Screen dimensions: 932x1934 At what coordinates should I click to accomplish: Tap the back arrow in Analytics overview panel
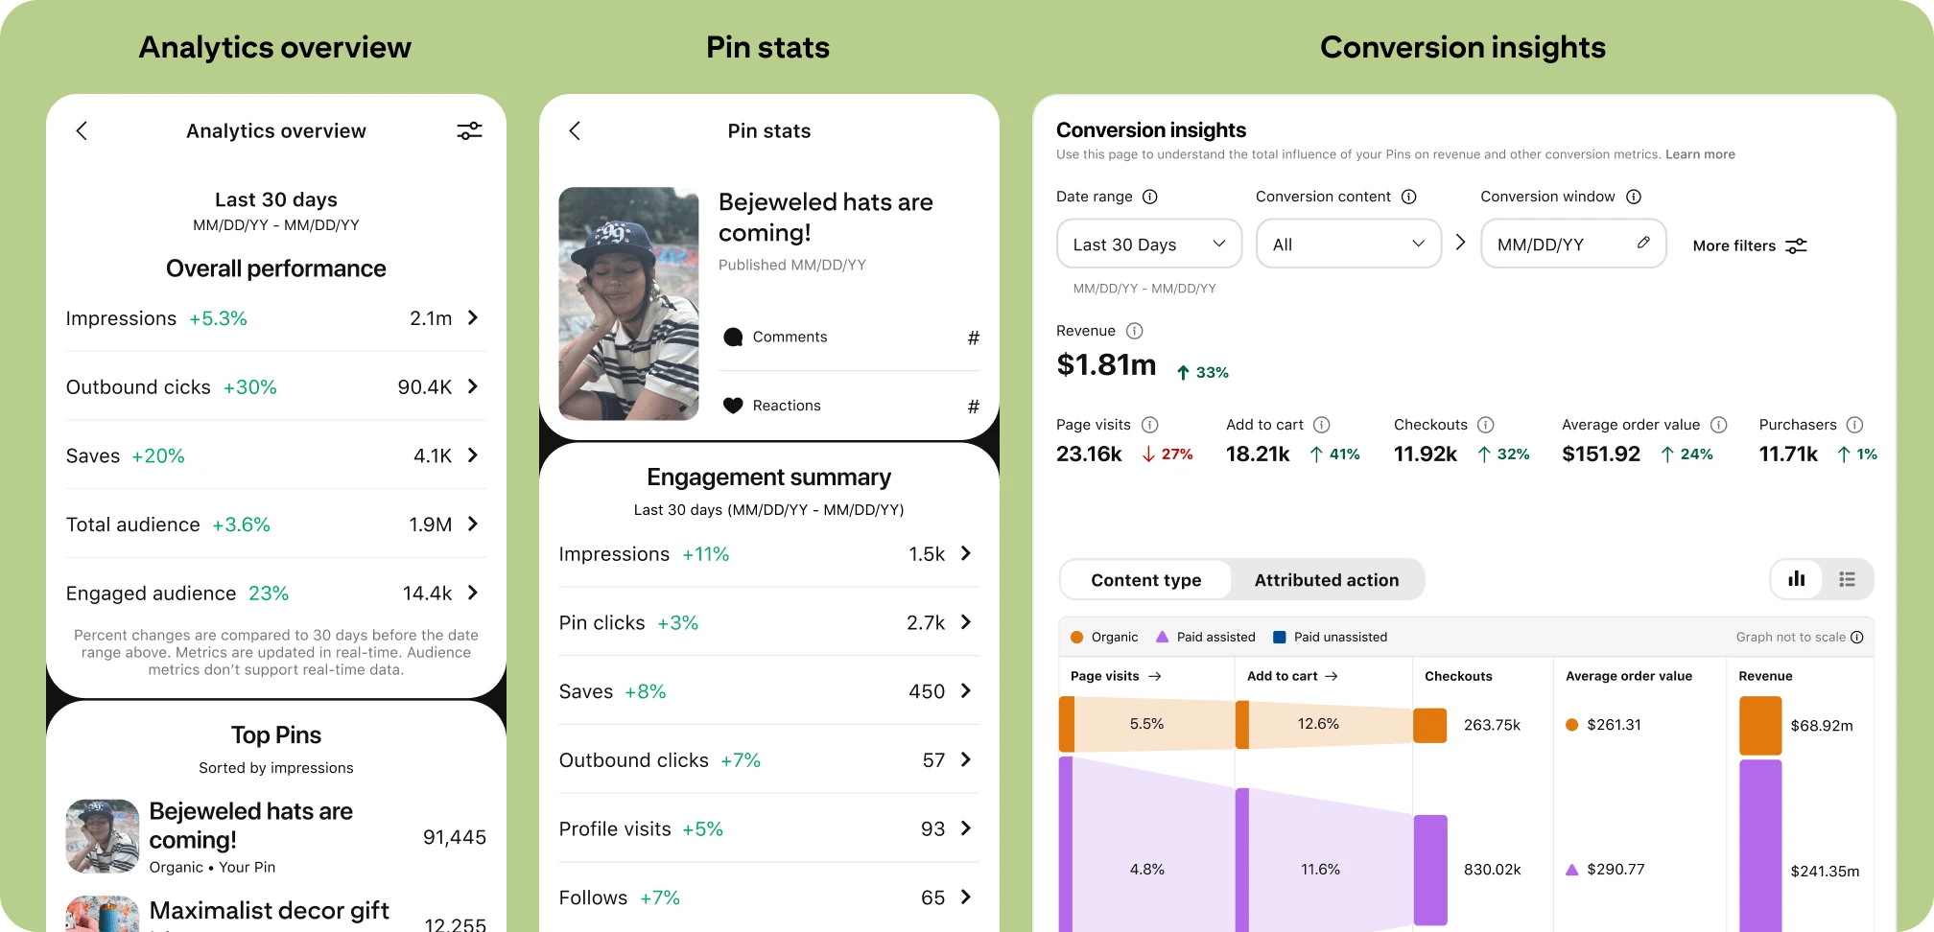82,131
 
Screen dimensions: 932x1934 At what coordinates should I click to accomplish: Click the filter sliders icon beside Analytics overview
469,131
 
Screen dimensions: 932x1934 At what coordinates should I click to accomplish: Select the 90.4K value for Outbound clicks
424,387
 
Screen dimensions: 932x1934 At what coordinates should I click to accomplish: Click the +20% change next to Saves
158,456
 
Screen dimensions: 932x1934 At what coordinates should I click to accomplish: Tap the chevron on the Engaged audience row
473,593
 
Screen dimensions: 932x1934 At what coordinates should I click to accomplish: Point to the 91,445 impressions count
454,837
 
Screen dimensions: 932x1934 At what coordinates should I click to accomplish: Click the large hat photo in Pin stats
628,303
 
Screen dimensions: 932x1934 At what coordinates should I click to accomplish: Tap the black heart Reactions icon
733,406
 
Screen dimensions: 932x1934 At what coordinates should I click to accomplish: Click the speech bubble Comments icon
733,337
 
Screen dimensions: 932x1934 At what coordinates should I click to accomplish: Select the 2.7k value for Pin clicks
925,623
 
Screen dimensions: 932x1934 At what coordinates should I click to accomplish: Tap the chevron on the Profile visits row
966,828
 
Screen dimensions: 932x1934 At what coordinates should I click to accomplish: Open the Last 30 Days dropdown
1148,245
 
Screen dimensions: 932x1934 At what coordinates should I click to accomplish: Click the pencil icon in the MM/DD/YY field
1643,243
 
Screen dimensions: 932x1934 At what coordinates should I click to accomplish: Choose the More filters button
1749,246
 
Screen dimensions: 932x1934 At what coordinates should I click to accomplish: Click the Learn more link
1700,154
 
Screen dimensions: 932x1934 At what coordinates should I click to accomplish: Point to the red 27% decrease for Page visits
1167,454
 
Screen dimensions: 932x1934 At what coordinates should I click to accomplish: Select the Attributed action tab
1326,580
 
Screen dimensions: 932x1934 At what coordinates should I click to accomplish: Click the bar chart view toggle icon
1796,579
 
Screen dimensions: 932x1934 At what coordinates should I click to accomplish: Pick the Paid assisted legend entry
1206,637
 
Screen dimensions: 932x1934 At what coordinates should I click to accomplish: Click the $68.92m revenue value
1821,726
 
